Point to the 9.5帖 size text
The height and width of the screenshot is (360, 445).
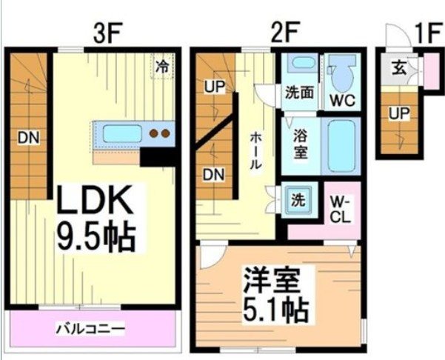[x=96, y=237]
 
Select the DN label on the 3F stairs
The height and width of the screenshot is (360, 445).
[x=30, y=138]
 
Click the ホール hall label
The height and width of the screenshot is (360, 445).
[x=254, y=151]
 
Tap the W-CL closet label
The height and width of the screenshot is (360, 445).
[x=341, y=208]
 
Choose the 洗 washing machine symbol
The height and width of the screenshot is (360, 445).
[x=296, y=199]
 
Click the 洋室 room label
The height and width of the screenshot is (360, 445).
[x=272, y=284]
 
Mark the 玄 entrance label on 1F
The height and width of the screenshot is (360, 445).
[x=398, y=69]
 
